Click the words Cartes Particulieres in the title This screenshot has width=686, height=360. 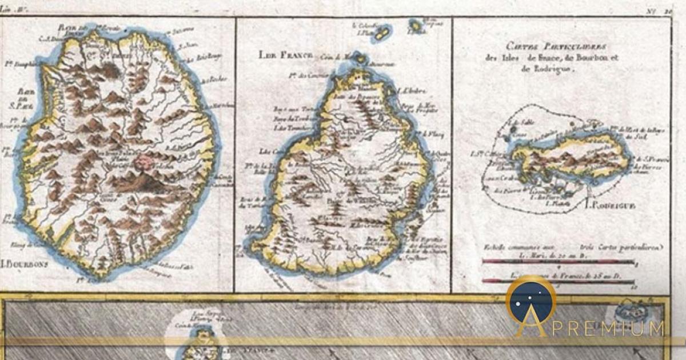[x=549, y=46]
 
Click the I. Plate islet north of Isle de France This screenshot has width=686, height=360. [x=381, y=33]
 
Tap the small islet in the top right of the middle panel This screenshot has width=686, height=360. [x=416, y=26]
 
